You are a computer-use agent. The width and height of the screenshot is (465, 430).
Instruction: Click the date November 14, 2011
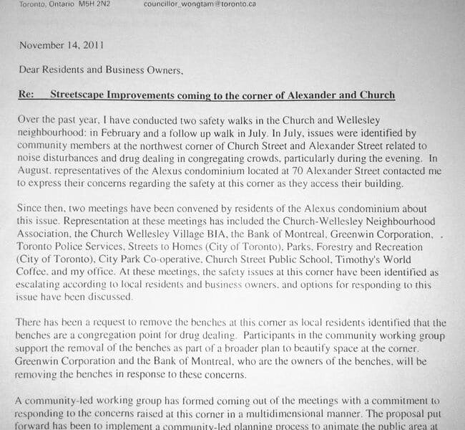coord(62,45)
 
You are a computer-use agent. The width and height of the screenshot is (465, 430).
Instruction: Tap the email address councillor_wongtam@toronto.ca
coord(200,4)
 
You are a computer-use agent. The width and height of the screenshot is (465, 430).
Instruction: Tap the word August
coord(36,172)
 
